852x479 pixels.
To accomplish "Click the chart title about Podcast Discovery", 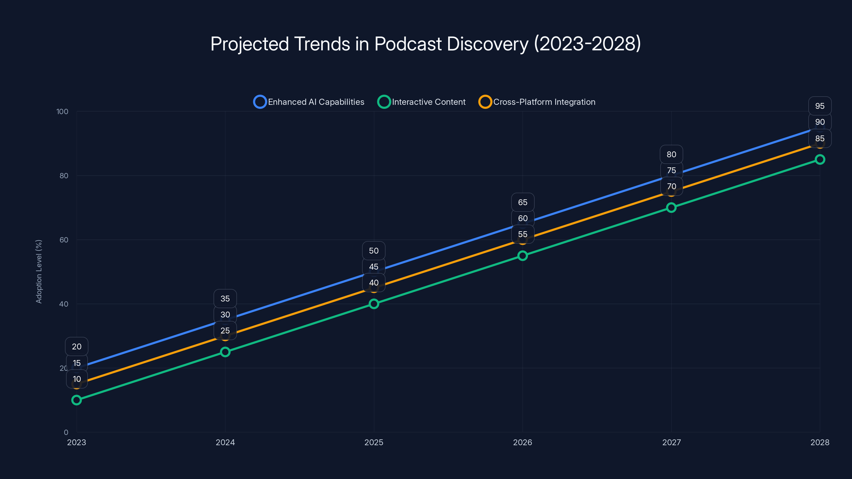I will coord(426,44).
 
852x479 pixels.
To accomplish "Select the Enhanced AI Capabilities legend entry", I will coord(309,102).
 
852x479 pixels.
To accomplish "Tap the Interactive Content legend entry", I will coord(422,102).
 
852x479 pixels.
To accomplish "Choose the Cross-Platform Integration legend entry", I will coord(537,102).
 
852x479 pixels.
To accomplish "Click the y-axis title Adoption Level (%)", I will coord(39,271).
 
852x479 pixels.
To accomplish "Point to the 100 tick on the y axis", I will coord(62,112).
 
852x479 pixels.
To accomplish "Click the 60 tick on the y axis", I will coord(64,240).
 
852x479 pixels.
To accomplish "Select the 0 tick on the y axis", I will coord(66,432).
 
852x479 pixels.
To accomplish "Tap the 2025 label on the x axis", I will coord(374,442).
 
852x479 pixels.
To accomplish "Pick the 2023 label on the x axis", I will coord(76,442).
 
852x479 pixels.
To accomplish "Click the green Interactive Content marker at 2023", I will coord(76,400).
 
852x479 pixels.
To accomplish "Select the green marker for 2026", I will coord(523,255).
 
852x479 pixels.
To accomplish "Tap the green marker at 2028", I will coord(820,159).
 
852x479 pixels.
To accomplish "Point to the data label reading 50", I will coord(374,251).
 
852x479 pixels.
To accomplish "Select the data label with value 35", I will coord(225,299).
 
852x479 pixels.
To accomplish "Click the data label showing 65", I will coord(523,202).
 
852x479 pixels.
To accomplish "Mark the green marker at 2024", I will coord(225,352).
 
